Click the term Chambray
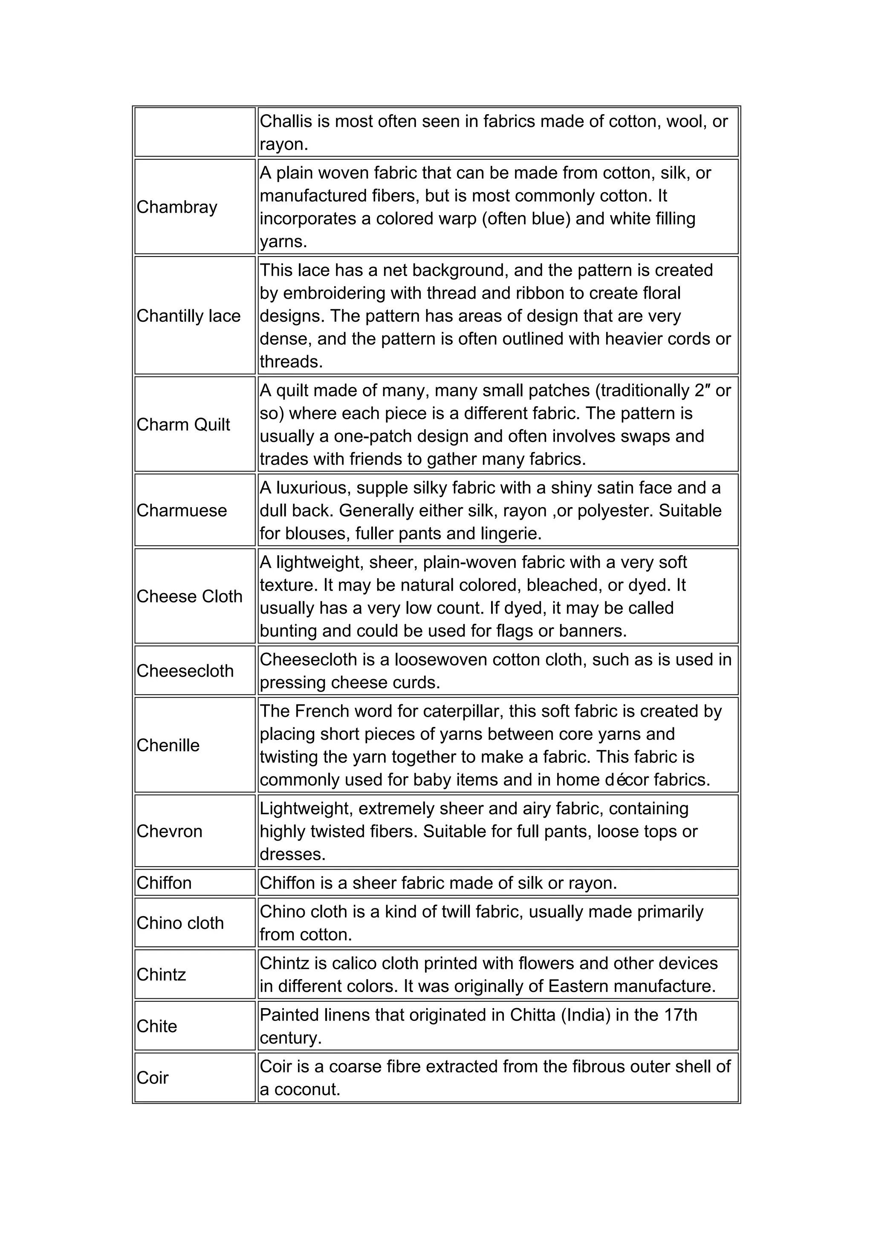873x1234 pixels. point(177,207)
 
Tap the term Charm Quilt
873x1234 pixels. point(183,424)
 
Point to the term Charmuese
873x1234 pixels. point(182,510)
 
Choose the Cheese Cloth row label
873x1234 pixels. point(189,597)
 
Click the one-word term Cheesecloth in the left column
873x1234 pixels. point(185,671)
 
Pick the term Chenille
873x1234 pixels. point(168,745)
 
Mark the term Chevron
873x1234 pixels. point(169,831)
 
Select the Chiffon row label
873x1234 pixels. point(164,883)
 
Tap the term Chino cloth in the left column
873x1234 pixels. point(180,923)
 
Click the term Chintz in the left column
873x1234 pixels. point(161,975)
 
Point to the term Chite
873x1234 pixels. point(156,1026)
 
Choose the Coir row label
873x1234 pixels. point(153,1078)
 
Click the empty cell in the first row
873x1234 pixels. point(195,132)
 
